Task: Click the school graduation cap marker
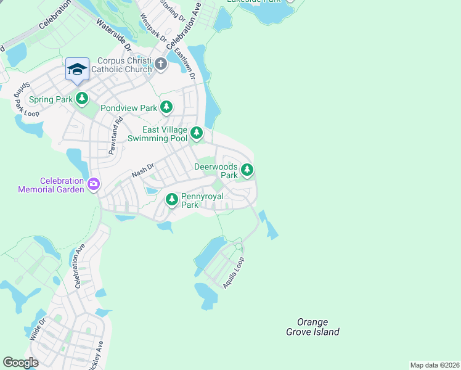coord(78,70)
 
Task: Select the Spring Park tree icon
coord(82,98)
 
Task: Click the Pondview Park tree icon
coord(166,108)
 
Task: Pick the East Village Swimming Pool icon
coord(196,133)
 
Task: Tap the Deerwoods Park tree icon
coord(247,169)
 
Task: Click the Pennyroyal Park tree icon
coord(172,200)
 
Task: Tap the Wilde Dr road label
coord(37,329)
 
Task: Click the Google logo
coord(20,362)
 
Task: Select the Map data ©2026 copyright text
coord(434,364)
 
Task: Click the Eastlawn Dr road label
coord(184,63)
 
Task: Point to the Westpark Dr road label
coord(153,28)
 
